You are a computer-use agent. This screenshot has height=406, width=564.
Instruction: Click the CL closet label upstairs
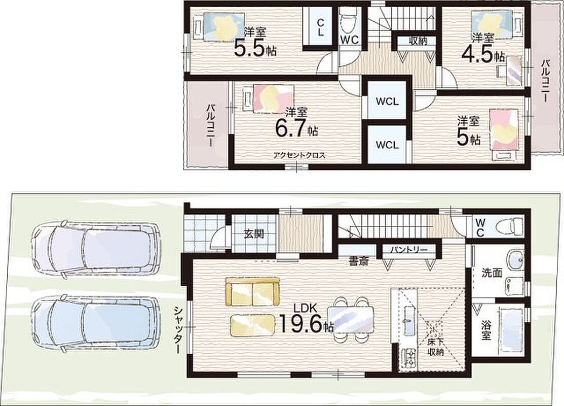[x=320, y=27]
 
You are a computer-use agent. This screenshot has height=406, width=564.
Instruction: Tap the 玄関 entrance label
[x=254, y=234]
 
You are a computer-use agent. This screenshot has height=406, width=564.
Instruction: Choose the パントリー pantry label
[x=409, y=249]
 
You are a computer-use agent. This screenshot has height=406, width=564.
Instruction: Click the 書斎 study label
[x=359, y=261]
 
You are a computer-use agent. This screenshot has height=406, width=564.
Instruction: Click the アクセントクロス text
[x=299, y=156]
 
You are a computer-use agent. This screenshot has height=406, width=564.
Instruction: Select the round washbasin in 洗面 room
[x=516, y=259]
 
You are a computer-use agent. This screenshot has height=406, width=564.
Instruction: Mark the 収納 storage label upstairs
[x=418, y=41]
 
